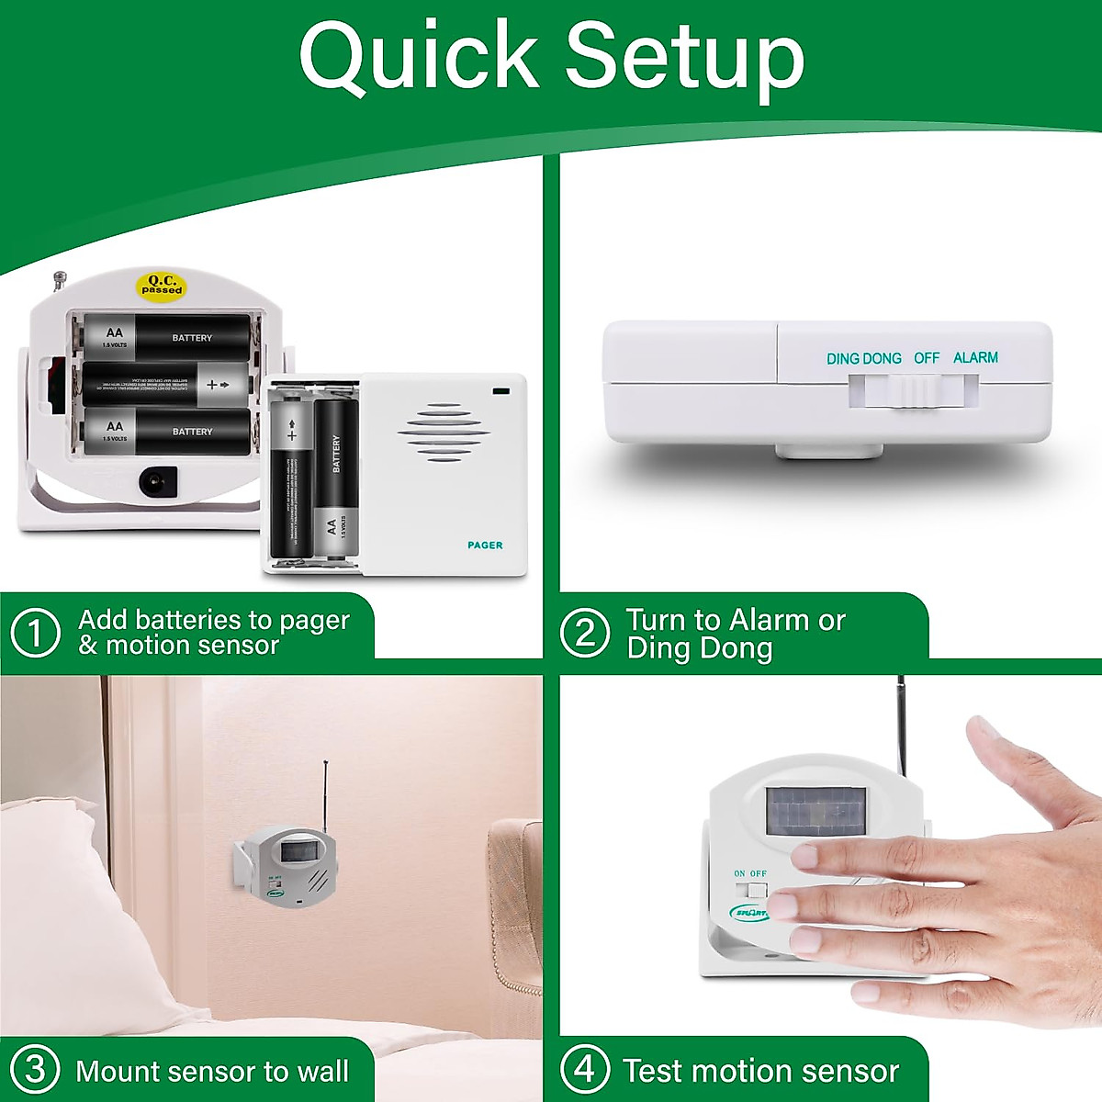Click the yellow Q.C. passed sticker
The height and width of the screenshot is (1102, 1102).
click(161, 285)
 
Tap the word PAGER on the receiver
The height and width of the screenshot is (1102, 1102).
click(485, 545)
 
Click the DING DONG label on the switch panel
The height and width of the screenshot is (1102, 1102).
click(863, 358)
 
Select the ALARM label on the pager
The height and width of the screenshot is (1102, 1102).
click(975, 357)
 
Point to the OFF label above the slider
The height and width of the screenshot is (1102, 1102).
click(926, 357)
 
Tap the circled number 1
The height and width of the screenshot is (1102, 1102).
click(35, 634)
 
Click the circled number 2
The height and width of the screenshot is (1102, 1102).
click(585, 634)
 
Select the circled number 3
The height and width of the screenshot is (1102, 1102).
click(35, 1070)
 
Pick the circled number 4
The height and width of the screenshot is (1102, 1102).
click(585, 1070)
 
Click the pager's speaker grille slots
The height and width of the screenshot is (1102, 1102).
click(444, 432)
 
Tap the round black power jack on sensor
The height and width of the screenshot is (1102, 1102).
click(156, 479)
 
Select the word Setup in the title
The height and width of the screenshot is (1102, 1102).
click(684, 57)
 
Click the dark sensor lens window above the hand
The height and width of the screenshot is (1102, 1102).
click(816, 810)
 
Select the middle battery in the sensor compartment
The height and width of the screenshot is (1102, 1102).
click(165, 384)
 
